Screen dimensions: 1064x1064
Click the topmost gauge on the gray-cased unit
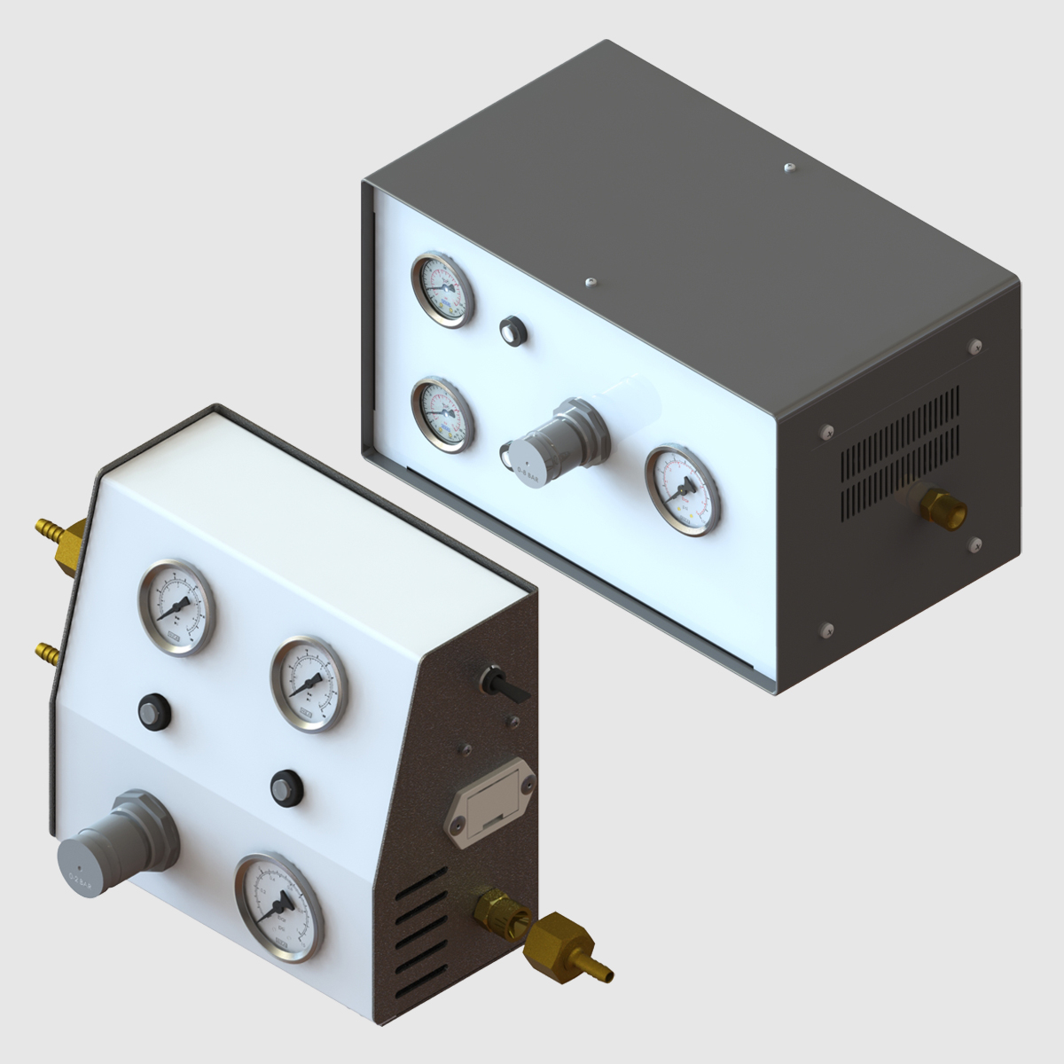(x=442, y=289)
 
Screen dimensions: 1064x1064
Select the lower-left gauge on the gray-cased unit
(x=442, y=416)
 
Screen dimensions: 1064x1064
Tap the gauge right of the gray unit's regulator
(x=682, y=490)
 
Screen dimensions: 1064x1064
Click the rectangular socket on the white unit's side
(x=492, y=806)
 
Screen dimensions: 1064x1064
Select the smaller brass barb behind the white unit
(x=46, y=654)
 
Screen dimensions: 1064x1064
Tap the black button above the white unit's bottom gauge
(x=286, y=785)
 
